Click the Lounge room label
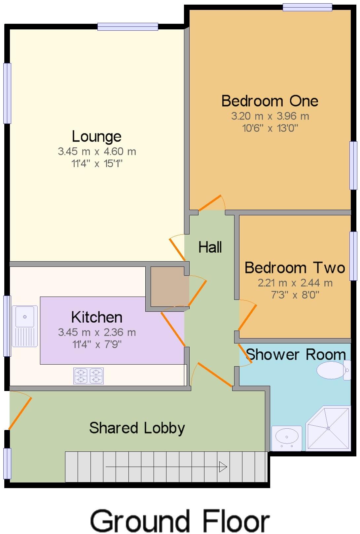click(97, 136)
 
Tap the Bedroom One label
click(270, 101)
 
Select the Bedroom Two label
click(295, 267)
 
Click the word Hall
click(210, 247)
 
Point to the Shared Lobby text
click(137, 428)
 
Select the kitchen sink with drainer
click(25, 326)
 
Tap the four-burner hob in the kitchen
click(89, 376)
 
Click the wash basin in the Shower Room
click(287, 438)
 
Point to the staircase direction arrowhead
click(223, 467)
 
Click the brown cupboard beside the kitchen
click(170, 286)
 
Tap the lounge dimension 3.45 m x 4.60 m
click(97, 152)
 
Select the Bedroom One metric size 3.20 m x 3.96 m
click(270, 116)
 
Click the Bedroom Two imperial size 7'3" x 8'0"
click(295, 295)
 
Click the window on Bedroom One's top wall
click(307, 7)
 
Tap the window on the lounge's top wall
click(127, 26)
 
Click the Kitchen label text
click(97, 317)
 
